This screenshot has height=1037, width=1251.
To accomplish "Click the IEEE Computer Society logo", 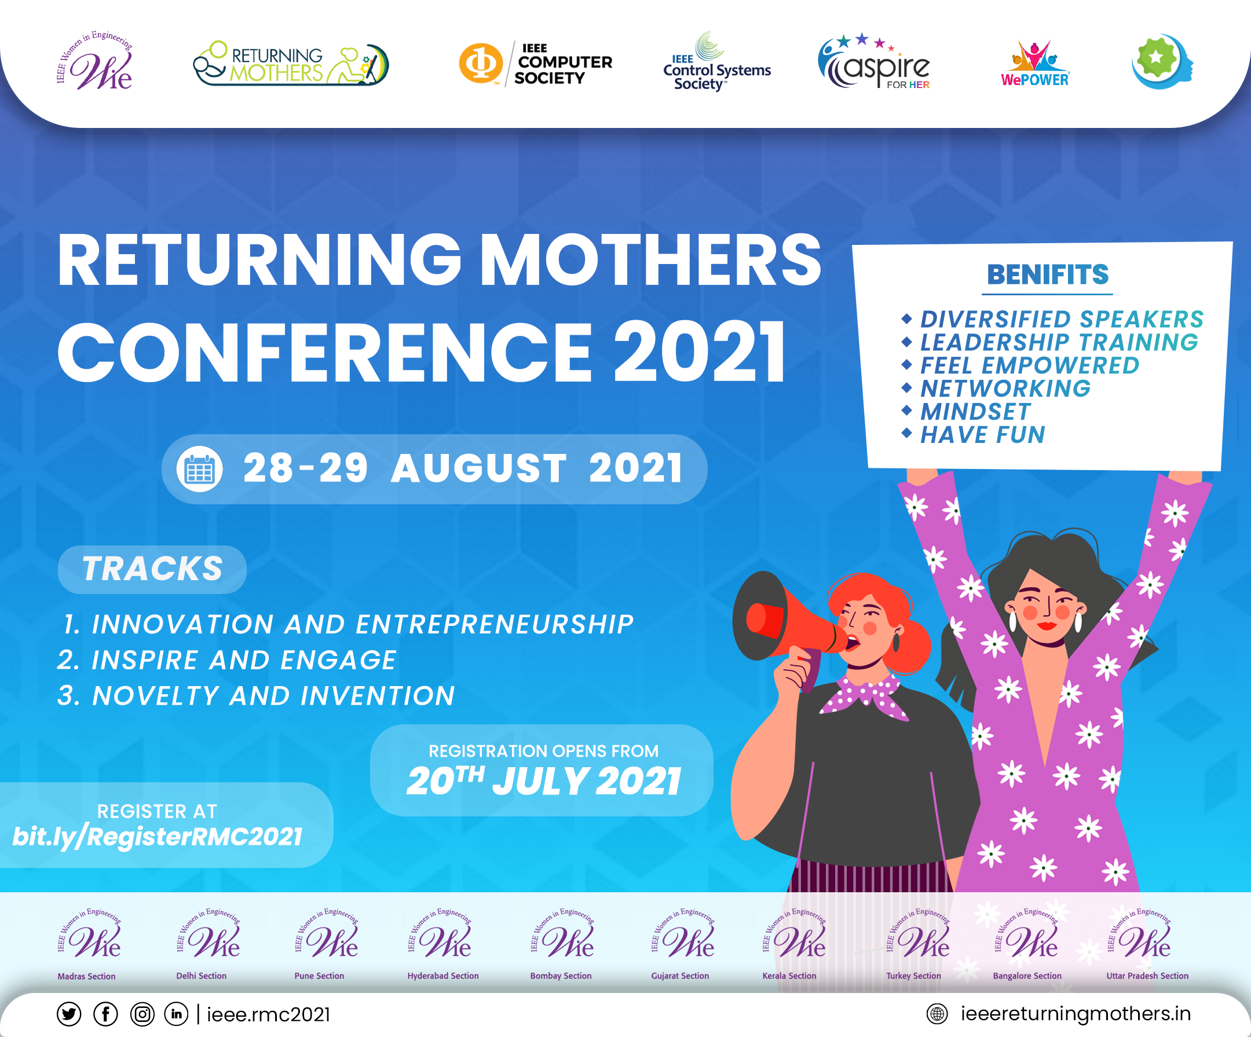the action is click(x=536, y=64).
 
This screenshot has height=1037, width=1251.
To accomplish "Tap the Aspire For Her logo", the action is click(x=874, y=62).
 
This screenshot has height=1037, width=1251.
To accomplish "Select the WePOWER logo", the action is click(x=1036, y=64).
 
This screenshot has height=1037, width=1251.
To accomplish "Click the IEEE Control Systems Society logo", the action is click(x=717, y=62).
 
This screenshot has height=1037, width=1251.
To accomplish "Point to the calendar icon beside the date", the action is click(x=200, y=469).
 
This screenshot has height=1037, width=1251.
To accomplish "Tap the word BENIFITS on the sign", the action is click(x=1048, y=274).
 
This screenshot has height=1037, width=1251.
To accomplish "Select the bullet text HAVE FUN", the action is click(x=982, y=435).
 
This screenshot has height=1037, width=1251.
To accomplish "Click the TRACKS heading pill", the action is click(x=152, y=569).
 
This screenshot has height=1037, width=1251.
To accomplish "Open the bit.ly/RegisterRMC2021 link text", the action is click(x=158, y=837).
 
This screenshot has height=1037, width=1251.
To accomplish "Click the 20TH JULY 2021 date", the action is click(x=543, y=781).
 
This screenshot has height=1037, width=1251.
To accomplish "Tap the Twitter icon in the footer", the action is click(x=69, y=1014).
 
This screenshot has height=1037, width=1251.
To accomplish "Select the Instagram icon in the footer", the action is click(x=142, y=1014).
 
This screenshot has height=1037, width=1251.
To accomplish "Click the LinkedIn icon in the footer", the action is click(x=176, y=1014).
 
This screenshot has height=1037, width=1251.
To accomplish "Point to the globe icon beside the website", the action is click(x=937, y=1014).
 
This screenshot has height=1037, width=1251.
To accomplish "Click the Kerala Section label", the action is click(x=789, y=976).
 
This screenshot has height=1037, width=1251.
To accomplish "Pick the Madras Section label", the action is click(x=86, y=976).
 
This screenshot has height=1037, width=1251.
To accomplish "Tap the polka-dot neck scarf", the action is click(x=864, y=695).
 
